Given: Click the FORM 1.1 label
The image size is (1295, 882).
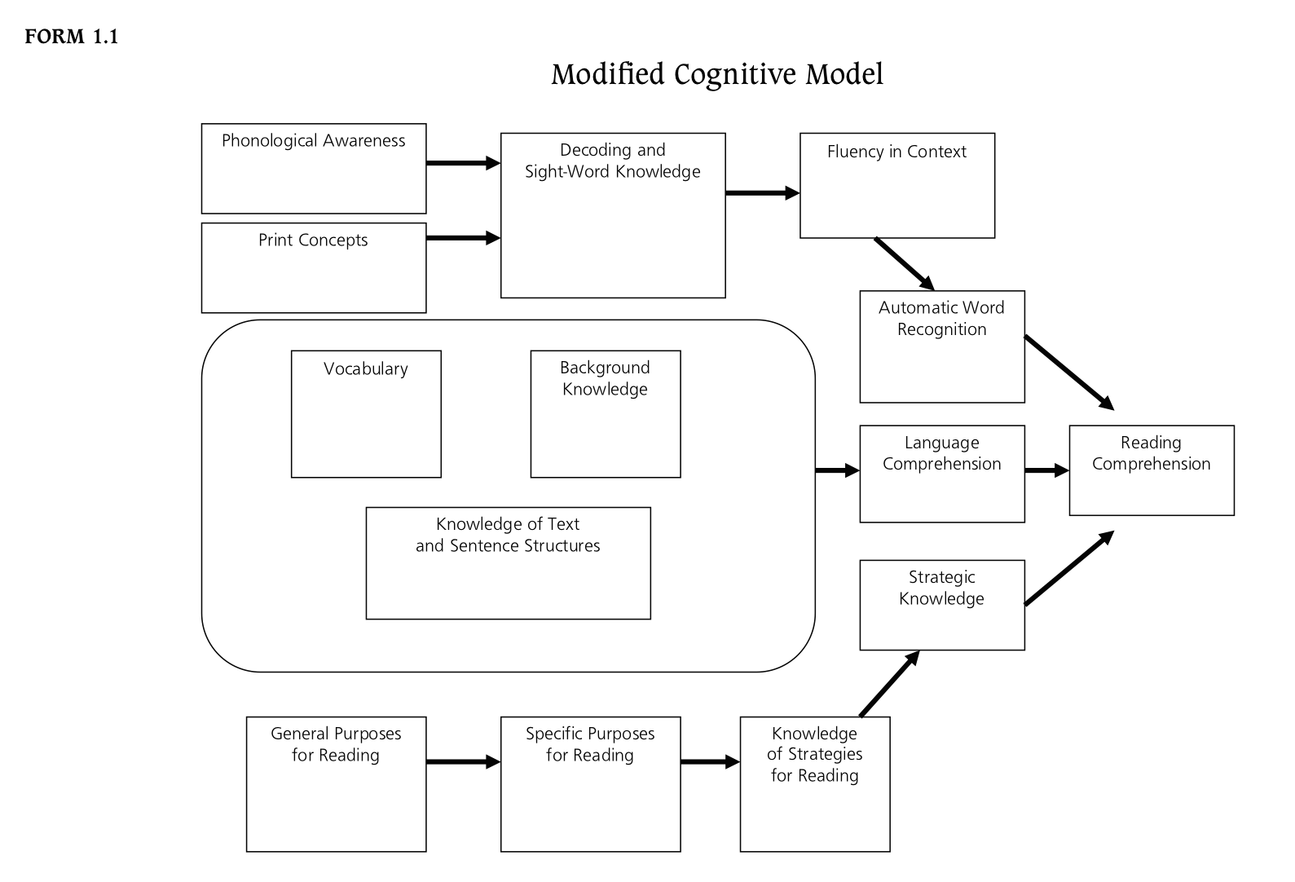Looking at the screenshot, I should tap(72, 37).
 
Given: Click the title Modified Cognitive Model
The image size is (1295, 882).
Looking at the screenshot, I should tap(717, 74).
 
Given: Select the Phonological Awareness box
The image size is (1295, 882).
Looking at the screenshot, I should tap(314, 169).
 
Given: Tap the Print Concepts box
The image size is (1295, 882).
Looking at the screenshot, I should tap(314, 267).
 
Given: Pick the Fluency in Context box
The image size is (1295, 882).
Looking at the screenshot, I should tap(897, 186).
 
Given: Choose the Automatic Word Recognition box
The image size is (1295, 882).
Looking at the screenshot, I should tap(942, 346).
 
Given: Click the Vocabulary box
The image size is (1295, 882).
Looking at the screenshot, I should tap(366, 414).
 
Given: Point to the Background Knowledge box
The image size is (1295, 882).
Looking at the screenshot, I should tap(606, 414).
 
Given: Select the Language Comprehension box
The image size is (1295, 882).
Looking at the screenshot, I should tap(942, 474).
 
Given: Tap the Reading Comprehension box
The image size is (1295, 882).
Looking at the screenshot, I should tap(1152, 470).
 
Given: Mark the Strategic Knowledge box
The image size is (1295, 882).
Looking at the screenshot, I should tap(942, 605).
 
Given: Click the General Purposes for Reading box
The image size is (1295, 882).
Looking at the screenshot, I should tap(336, 784).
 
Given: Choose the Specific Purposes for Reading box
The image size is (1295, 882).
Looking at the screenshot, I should tap(590, 784).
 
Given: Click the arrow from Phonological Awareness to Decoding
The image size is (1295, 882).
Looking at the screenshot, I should tap(463, 163).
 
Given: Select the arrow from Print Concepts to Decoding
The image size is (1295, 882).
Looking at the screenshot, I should tap(463, 238).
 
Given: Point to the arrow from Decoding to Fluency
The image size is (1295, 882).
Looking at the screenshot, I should tap(762, 193).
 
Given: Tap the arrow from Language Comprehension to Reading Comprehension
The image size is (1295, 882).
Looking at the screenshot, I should tap(1047, 470).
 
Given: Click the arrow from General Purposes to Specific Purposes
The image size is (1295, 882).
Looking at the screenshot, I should tap(463, 762).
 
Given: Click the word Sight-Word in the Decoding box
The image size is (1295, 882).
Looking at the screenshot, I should tap(561, 172).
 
